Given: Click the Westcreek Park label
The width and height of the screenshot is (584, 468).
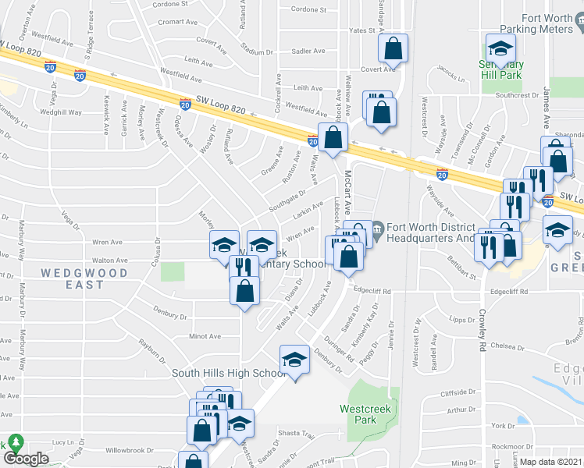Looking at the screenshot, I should (x=358, y=414).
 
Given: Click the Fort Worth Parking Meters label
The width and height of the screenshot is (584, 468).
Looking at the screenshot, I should (x=546, y=25).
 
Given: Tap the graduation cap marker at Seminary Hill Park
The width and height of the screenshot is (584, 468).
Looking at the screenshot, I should (x=500, y=49).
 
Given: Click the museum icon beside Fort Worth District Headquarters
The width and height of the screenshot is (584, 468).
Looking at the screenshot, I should (x=377, y=229).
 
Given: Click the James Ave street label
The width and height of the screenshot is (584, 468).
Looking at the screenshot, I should (x=547, y=108).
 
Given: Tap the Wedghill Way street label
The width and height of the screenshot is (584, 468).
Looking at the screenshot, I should (x=61, y=112).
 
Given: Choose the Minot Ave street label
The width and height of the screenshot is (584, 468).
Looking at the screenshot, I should (x=205, y=336).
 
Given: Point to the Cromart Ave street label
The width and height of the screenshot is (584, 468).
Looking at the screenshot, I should (x=175, y=22).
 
